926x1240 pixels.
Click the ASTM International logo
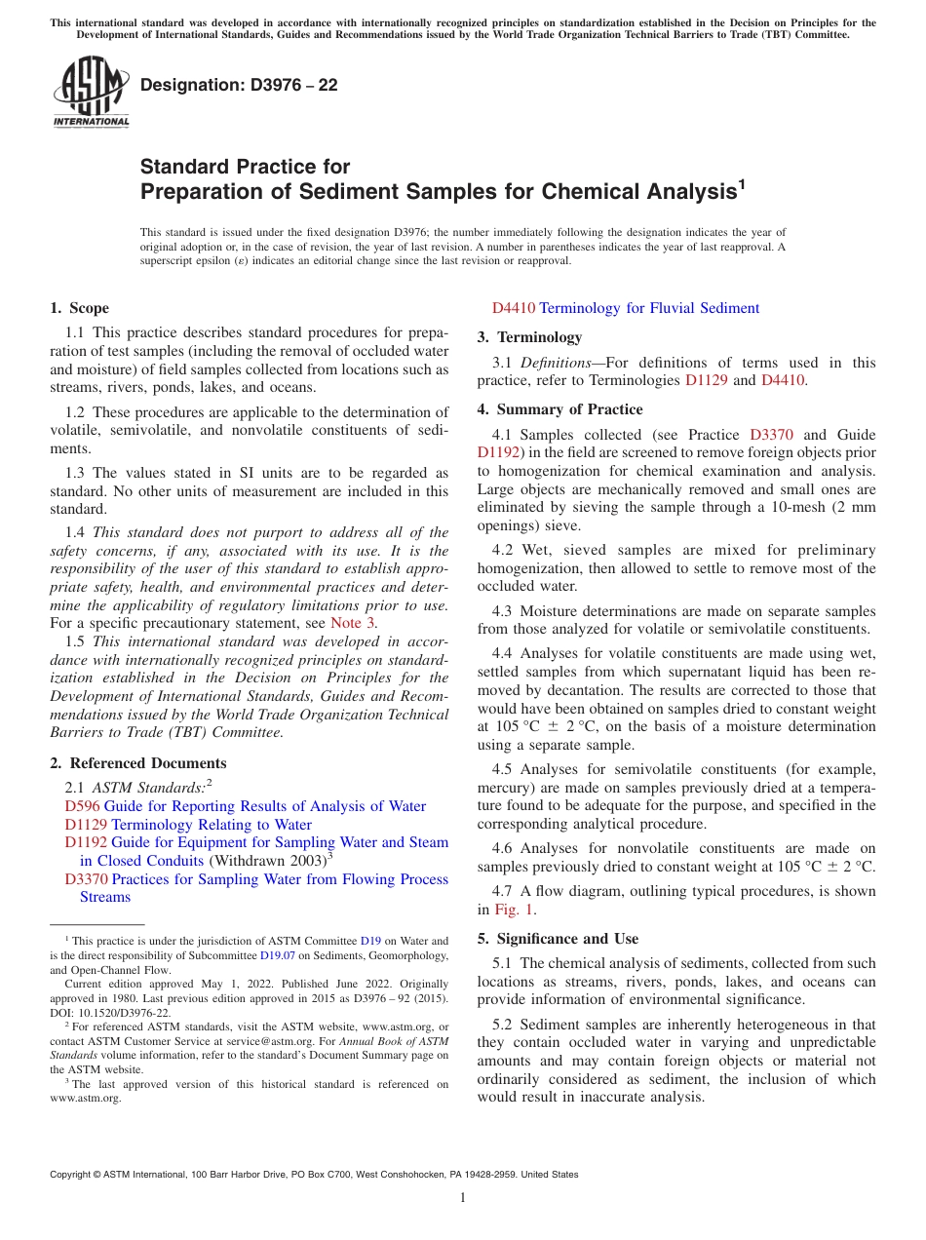click(x=91, y=93)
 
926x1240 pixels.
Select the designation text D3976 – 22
click(x=239, y=85)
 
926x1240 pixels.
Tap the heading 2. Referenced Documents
click(x=137, y=763)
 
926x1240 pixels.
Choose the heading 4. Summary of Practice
click(x=559, y=409)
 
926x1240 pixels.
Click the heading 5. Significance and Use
click(x=558, y=939)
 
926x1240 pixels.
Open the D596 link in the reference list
click(x=82, y=806)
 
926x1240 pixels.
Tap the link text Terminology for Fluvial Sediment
click(x=648, y=308)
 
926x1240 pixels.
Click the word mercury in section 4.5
click(x=503, y=788)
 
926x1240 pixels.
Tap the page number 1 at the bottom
click(x=463, y=1198)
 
